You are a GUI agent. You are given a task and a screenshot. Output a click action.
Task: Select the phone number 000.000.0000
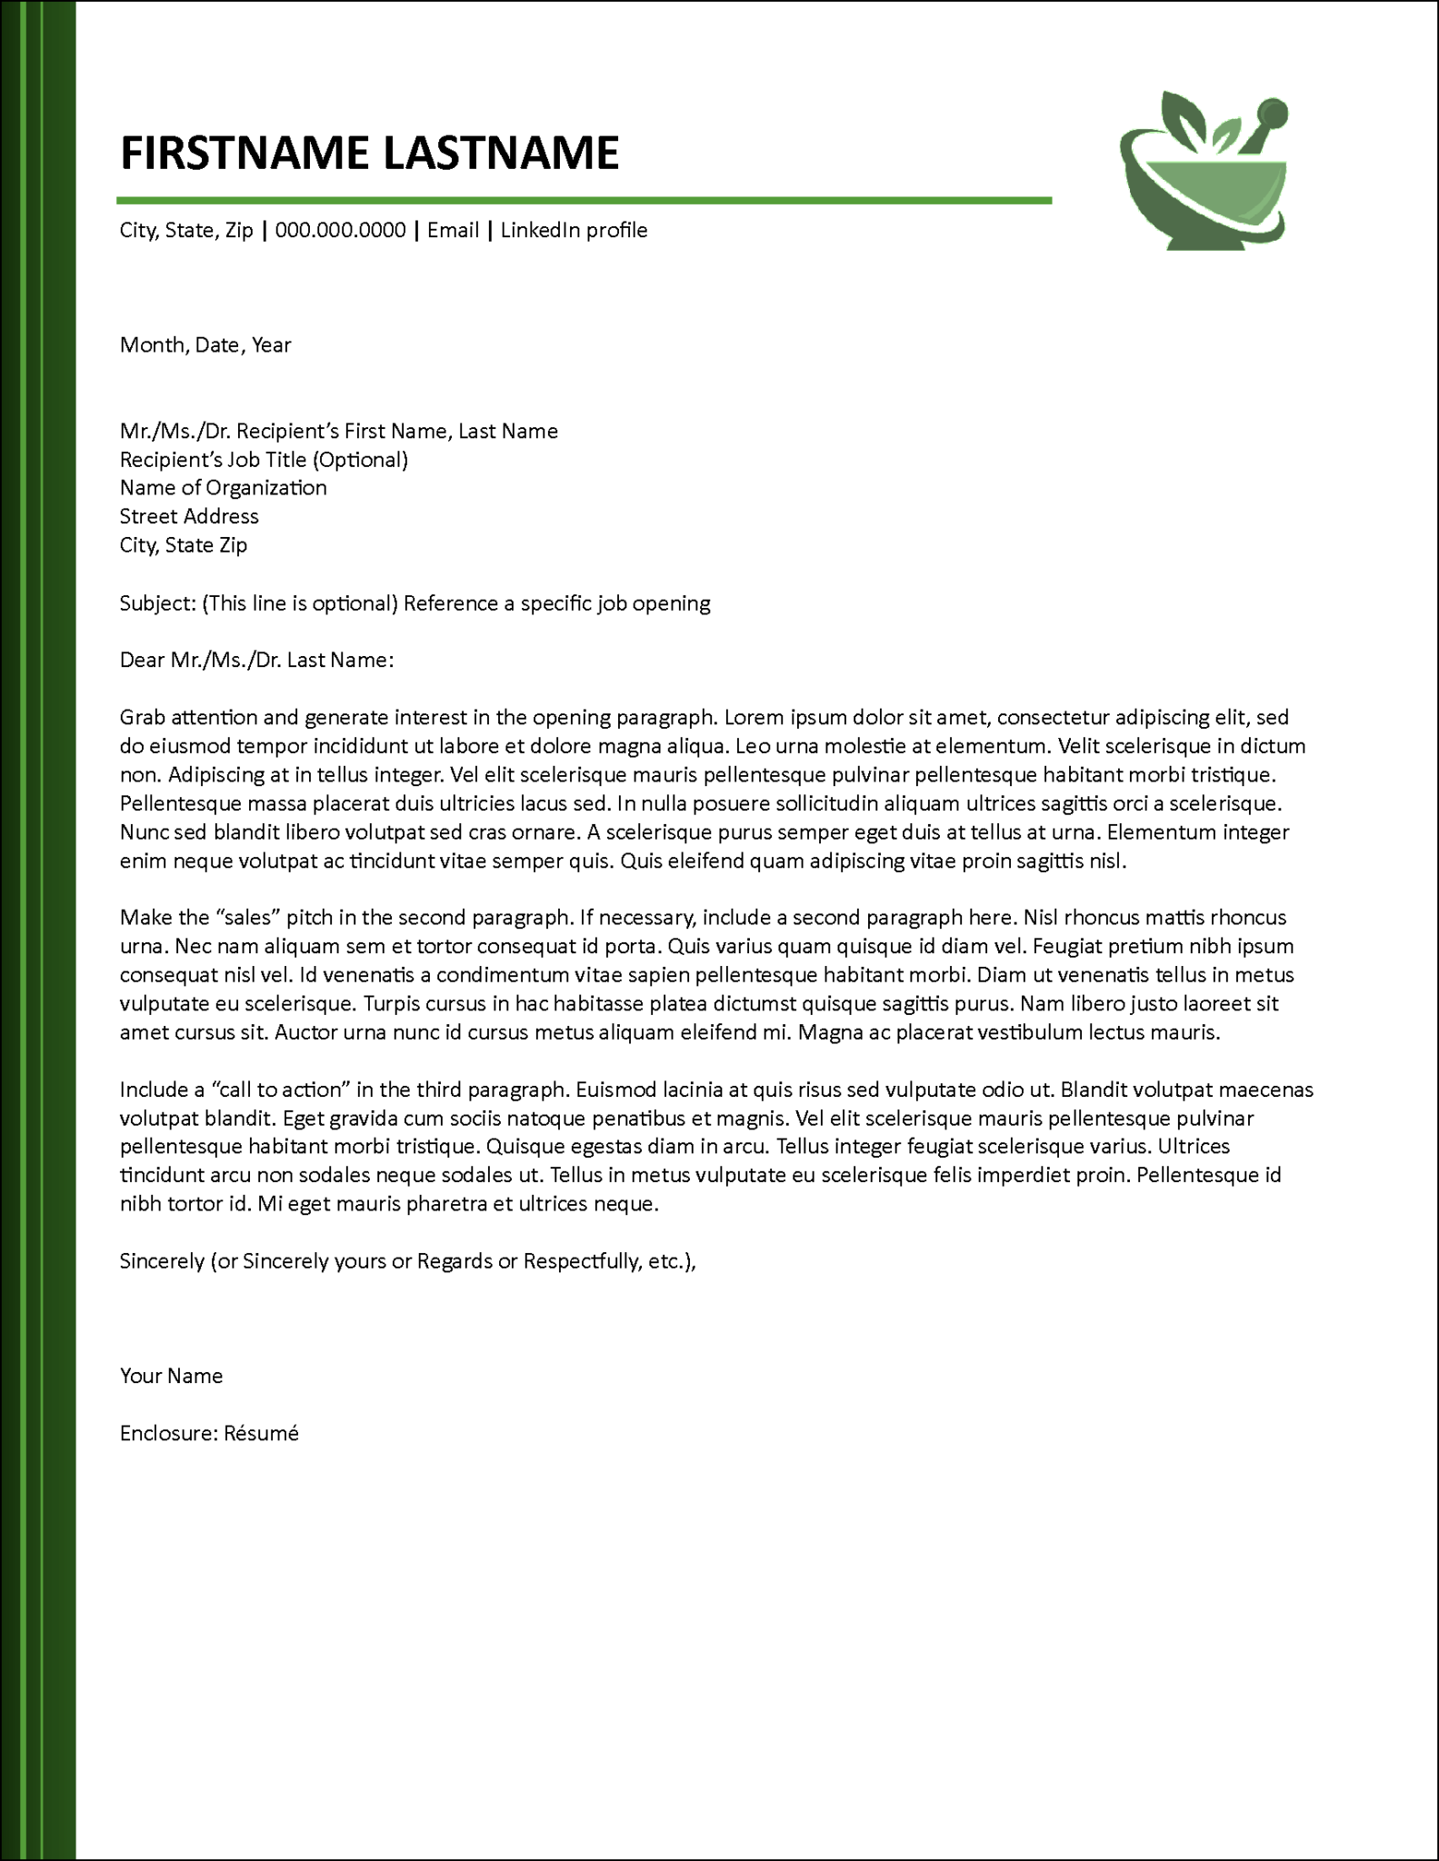(x=340, y=231)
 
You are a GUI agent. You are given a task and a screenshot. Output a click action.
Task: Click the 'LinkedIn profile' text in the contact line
(x=574, y=231)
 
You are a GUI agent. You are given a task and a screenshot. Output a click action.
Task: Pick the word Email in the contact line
(x=453, y=231)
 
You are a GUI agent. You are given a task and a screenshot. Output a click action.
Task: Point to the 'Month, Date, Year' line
(x=205, y=345)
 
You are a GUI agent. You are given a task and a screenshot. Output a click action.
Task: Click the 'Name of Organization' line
(x=223, y=488)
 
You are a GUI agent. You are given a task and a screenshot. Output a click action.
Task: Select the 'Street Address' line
(x=189, y=517)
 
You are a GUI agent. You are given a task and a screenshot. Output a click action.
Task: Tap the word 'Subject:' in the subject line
(x=157, y=604)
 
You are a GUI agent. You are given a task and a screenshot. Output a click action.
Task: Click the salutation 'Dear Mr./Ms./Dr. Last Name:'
(x=256, y=661)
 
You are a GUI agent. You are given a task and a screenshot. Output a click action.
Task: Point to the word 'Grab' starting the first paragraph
(x=143, y=718)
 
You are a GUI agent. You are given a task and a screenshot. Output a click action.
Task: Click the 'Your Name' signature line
(x=171, y=1376)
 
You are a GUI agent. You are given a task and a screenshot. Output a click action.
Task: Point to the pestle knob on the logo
(x=1273, y=113)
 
